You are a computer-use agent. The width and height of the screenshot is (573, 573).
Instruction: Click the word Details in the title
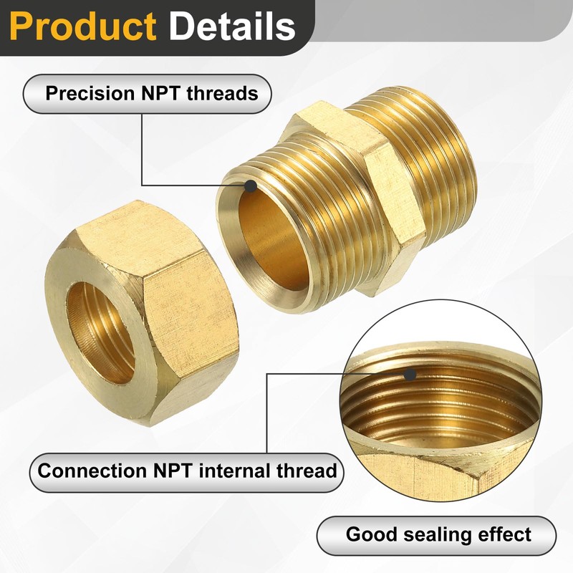pos(231,27)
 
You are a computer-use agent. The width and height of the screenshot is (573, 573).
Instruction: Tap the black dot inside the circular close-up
pos(410,374)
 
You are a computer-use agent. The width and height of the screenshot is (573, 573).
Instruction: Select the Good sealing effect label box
pos(436,534)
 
